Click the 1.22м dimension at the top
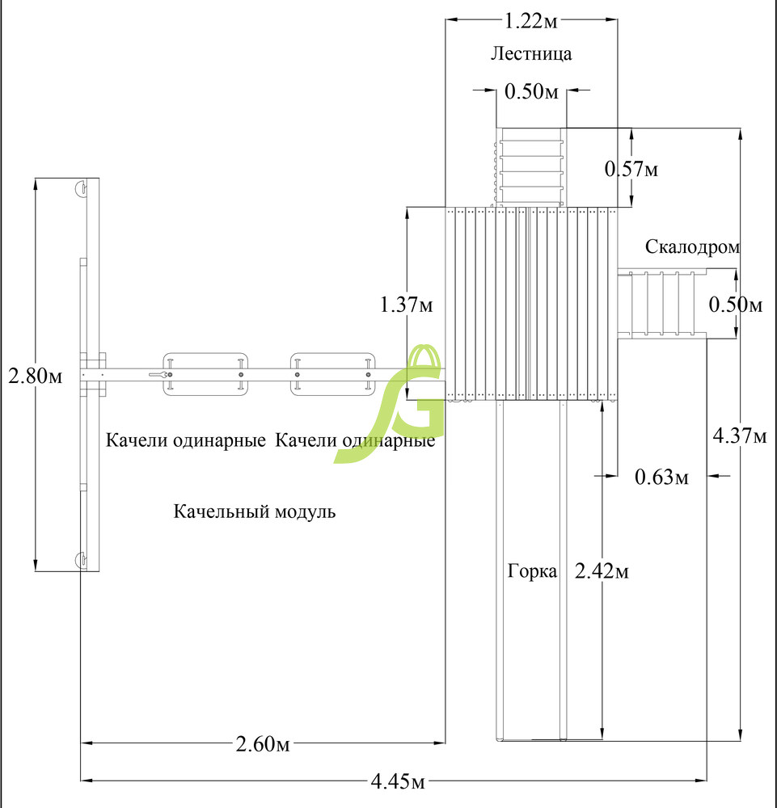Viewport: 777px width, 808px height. (x=530, y=21)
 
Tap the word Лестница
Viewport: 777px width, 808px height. (x=531, y=53)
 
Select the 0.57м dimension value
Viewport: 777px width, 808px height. (x=631, y=169)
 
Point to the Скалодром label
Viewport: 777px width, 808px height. (x=692, y=246)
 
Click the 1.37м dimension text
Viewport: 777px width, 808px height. (x=407, y=305)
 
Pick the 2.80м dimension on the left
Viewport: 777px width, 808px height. (x=35, y=376)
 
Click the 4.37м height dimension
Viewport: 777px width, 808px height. (x=740, y=436)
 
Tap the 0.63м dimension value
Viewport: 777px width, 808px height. (x=661, y=478)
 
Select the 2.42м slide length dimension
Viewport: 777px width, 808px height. (x=602, y=571)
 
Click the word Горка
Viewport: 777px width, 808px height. (x=532, y=571)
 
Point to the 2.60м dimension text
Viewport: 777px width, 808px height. (x=263, y=743)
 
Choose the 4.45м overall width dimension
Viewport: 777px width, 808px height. (x=398, y=781)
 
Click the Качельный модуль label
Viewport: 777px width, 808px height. (x=254, y=511)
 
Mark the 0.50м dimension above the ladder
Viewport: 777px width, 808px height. (x=531, y=91)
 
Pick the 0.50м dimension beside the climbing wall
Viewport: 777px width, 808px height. (x=735, y=305)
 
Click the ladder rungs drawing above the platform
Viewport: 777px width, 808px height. (x=531, y=167)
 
